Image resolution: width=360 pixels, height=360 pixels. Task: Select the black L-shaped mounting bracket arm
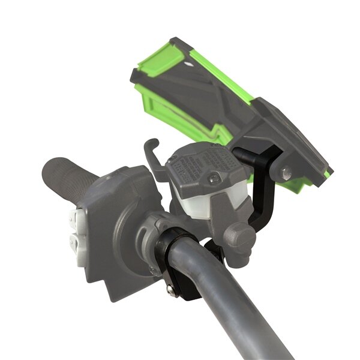point(264,192)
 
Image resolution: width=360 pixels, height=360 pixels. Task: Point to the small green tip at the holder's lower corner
point(328,174)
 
